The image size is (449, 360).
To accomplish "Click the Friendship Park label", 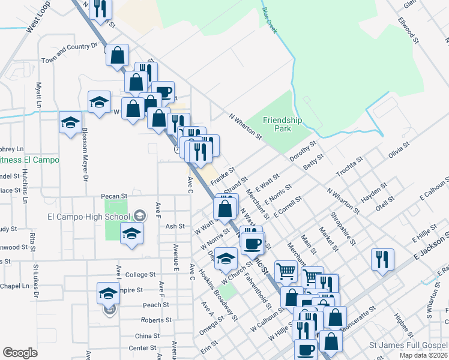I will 277,124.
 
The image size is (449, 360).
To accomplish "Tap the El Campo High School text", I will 88,217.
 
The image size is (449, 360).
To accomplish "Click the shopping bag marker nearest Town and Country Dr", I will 118,55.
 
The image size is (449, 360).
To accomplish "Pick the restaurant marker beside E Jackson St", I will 382,259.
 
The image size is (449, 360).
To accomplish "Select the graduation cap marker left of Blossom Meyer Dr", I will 71,122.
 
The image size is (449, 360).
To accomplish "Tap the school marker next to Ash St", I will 131,233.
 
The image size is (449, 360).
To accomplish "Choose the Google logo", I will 20,353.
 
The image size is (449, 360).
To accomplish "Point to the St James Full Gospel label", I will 408,345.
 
